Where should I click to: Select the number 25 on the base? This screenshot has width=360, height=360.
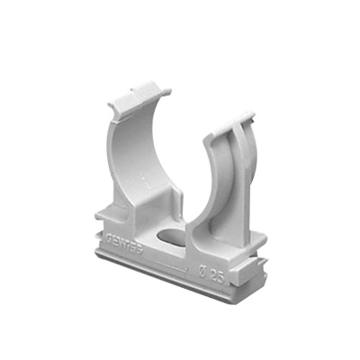(x=212, y=274)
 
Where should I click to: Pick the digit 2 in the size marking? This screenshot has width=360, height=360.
(x=209, y=273)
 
